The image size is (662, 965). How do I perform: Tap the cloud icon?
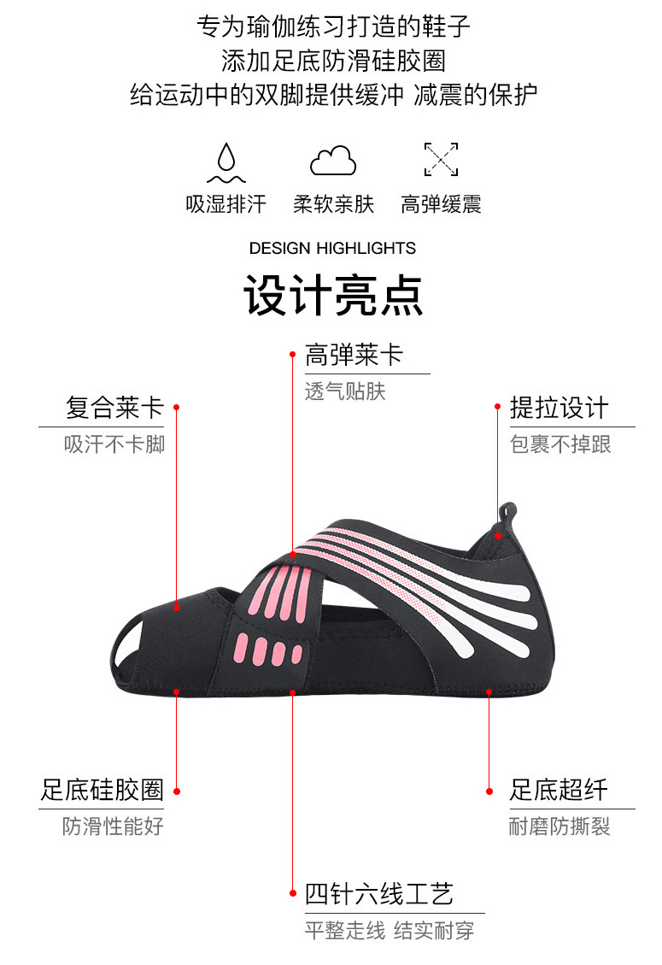(333, 161)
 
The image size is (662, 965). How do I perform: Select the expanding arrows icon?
(441, 160)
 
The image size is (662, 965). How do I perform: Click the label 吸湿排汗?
(226, 204)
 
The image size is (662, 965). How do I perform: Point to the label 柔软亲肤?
(333, 204)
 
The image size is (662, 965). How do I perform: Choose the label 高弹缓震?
(441, 204)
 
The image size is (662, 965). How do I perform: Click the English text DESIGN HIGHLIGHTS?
(332, 249)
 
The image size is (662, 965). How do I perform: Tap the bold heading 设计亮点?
(333, 295)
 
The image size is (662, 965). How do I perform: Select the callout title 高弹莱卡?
(354, 355)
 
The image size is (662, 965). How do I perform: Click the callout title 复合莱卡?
(114, 408)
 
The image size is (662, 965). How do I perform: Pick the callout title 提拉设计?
(559, 408)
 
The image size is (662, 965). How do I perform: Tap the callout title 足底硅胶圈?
(103, 790)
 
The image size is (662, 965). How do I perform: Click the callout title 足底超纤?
(559, 790)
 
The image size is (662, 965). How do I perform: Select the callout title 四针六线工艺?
(379, 894)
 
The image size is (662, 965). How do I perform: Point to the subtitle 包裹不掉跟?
(560, 444)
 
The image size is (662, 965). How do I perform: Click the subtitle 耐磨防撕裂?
(559, 827)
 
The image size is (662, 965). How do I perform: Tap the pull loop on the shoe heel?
(506, 515)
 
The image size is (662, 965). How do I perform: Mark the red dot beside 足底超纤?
(489, 791)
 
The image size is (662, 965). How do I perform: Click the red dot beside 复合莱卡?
(176, 408)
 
